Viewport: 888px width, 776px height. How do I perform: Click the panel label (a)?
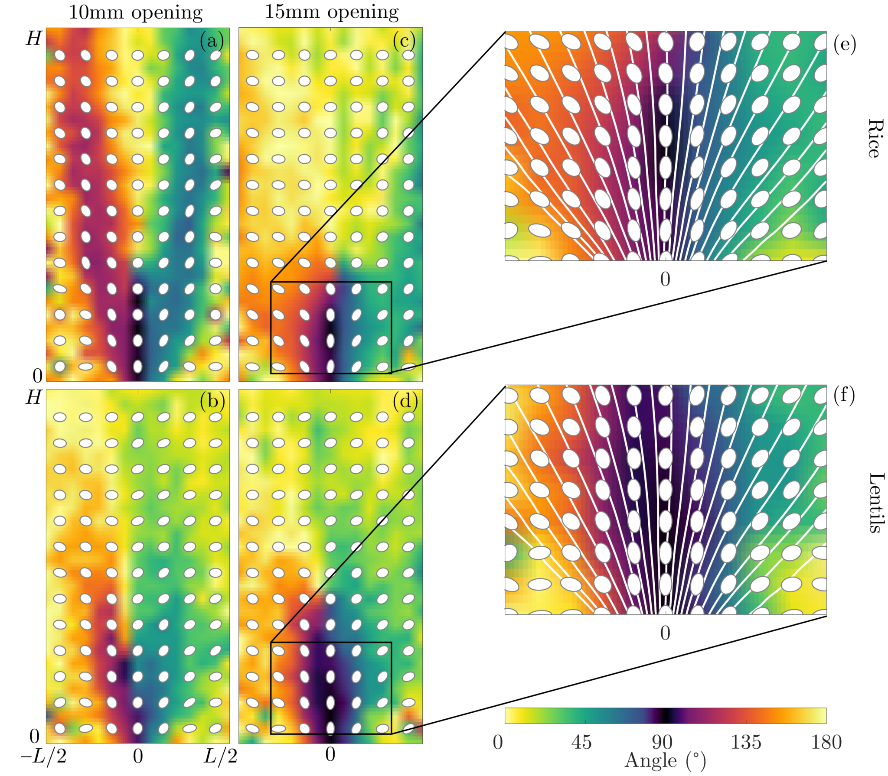(212, 41)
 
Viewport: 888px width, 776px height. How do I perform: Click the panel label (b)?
(212, 401)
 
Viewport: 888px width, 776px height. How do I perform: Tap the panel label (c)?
(404, 41)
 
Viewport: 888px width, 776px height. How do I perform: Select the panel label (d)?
(405, 401)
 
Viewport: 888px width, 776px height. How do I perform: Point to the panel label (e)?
(845, 45)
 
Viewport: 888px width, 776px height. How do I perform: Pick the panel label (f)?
(844, 396)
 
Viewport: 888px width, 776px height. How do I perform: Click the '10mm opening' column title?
(136, 13)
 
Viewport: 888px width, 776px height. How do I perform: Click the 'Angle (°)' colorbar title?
(665, 761)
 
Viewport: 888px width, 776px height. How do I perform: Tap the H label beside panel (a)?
(34, 39)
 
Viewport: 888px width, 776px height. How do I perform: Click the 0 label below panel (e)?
(665, 279)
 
